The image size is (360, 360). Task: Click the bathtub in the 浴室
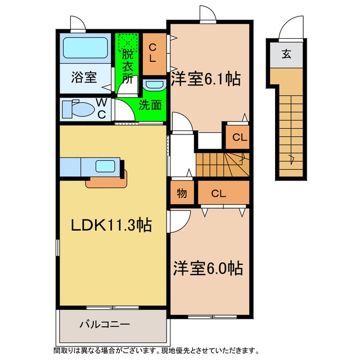pyautogui.click(x=85, y=48)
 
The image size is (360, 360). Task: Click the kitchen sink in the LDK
pyautogui.click(x=106, y=166)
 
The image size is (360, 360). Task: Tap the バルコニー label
pyautogui.click(x=105, y=325)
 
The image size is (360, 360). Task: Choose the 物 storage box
pyautogui.click(x=182, y=193)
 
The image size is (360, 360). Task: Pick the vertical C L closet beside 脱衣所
pyautogui.click(x=153, y=54)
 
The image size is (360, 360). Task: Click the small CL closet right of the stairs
pyautogui.click(x=239, y=137)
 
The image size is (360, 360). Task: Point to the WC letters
pyautogui.click(x=102, y=108)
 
